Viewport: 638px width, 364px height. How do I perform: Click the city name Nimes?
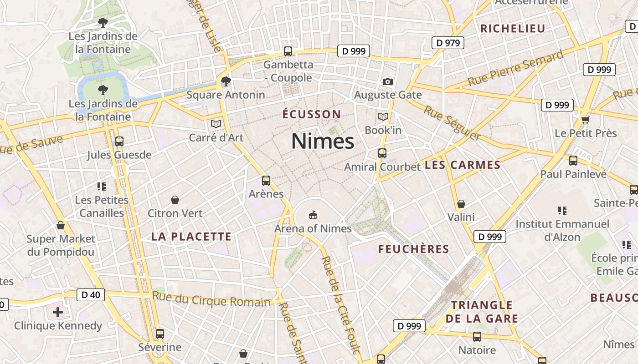(323, 141)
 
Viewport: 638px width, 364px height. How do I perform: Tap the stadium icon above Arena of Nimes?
(313, 214)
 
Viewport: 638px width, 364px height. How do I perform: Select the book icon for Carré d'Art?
(216, 124)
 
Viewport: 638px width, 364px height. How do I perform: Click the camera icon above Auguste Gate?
(388, 81)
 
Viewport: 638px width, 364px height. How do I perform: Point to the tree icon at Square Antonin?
(226, 81)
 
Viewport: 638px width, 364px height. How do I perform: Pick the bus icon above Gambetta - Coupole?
(288, 51)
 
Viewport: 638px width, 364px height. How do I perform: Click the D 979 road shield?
(448, 43)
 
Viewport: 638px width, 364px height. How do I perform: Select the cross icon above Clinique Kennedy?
(58, 312)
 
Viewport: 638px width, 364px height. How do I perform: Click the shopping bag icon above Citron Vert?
(175, 200)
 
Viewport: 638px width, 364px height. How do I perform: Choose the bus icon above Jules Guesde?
(119, 142)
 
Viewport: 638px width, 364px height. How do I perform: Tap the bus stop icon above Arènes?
(266, 181)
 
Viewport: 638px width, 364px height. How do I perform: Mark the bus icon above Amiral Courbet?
(382, 153)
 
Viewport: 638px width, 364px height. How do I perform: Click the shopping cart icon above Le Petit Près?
(586, 120)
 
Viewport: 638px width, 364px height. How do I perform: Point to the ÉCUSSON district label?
(312, 114)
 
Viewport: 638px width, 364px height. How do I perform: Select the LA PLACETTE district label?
(191, 237)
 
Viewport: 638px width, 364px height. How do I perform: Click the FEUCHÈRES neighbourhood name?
(414, 249)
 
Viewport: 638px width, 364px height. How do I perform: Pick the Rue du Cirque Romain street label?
(211, 299)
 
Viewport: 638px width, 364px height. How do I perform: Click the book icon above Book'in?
(383, 117)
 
